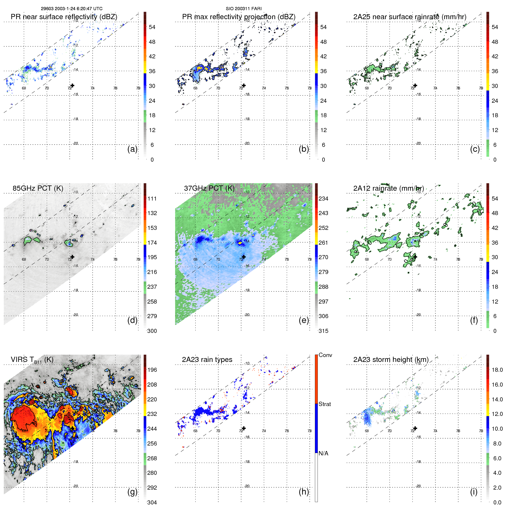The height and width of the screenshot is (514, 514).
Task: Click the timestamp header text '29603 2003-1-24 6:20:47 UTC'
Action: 71,9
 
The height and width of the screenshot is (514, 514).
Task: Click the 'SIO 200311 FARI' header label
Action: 244,9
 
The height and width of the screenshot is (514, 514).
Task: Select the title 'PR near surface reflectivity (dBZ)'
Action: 64,17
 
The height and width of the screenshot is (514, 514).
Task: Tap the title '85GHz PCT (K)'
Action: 38,188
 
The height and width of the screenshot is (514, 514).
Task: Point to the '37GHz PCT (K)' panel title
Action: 209,188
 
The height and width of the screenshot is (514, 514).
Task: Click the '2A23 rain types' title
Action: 207,360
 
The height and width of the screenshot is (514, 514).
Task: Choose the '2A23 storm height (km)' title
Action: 391,360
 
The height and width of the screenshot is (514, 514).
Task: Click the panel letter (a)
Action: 132,149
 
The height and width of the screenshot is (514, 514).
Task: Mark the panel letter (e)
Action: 304,320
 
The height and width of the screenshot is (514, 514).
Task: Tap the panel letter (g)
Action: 132,492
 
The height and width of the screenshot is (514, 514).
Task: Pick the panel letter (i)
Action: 474,492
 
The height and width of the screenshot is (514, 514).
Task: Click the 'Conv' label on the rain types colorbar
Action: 325,355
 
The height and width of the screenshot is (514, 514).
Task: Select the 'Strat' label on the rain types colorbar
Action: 325,404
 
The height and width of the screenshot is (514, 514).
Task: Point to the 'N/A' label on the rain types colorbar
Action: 323,453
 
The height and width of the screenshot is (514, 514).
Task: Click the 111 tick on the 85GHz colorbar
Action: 152,199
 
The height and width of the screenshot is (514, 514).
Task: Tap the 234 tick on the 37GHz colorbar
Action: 323,199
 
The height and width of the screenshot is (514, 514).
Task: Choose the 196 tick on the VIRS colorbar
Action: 152,370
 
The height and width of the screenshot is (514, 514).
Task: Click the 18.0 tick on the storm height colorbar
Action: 497,370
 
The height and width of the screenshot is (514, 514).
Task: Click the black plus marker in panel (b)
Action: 244,85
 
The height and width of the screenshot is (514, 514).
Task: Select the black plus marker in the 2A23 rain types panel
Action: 244,428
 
